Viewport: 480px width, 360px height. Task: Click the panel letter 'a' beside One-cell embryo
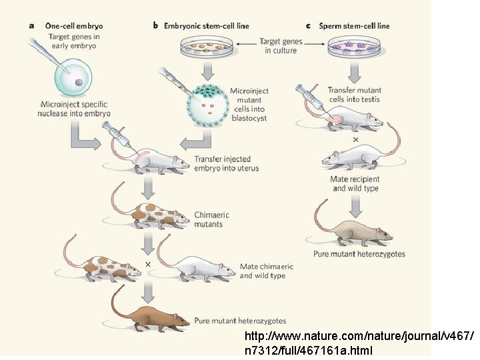(x=31, y=26)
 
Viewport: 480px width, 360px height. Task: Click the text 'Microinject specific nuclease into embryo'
(x=73, y=109)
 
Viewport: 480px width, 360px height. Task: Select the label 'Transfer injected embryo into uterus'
(x=226, y=163)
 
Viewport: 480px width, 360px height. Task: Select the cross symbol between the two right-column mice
(x=355, y=139)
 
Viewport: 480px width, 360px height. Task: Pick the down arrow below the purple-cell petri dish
(x=354, y=69)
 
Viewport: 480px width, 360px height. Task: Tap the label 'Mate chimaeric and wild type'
(x=266, y=271)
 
